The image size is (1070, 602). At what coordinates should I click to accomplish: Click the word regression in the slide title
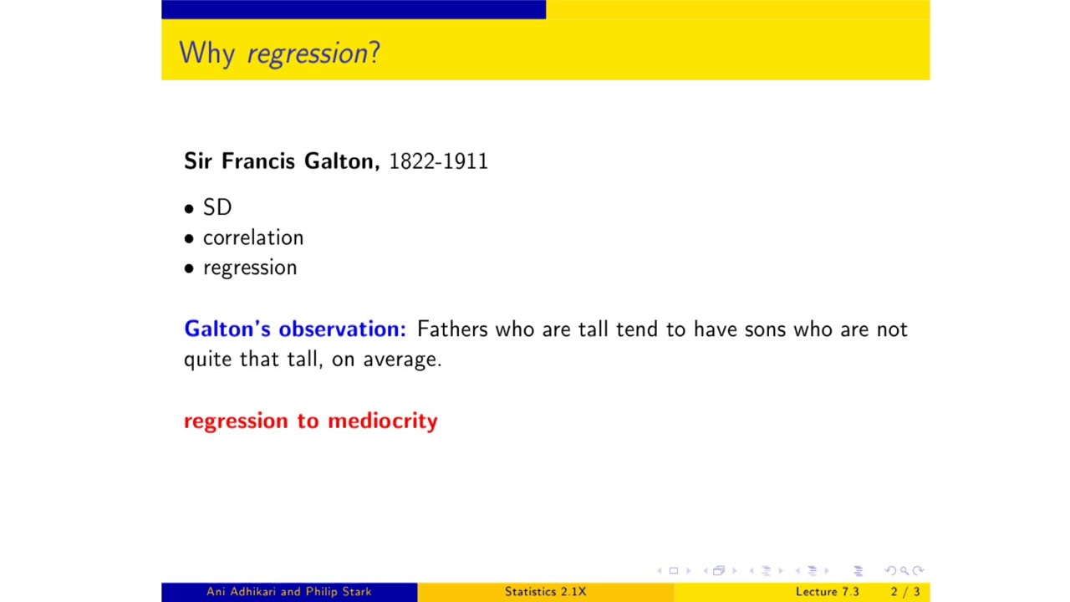[307, 54]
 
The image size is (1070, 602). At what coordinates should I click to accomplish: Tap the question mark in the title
[374, 53]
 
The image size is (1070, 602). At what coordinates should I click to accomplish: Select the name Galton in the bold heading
[341, 161]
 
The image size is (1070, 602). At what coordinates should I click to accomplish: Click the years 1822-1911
[438, 161]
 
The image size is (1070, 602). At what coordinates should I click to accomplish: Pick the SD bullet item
[217, 207]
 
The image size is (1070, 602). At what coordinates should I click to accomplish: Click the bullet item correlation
[252, 237]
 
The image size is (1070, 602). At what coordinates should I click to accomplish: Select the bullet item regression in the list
[249, 268]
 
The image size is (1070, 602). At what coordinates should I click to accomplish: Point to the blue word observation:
[342, 329]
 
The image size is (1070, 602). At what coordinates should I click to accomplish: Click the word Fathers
[452, 329]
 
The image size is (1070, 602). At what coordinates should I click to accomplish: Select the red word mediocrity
[382, 421]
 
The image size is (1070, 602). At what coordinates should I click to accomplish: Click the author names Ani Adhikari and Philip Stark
[288, 592]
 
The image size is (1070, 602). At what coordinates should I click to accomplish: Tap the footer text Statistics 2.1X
[545, 592]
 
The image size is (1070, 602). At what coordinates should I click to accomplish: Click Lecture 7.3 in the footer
[827, 592]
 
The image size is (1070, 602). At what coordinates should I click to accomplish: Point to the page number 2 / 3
[904, 592]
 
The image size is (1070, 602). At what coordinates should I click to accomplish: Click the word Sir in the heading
[198, 161]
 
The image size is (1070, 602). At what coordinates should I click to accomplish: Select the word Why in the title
[206, 54]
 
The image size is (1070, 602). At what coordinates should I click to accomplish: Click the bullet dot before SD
[189, 208]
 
